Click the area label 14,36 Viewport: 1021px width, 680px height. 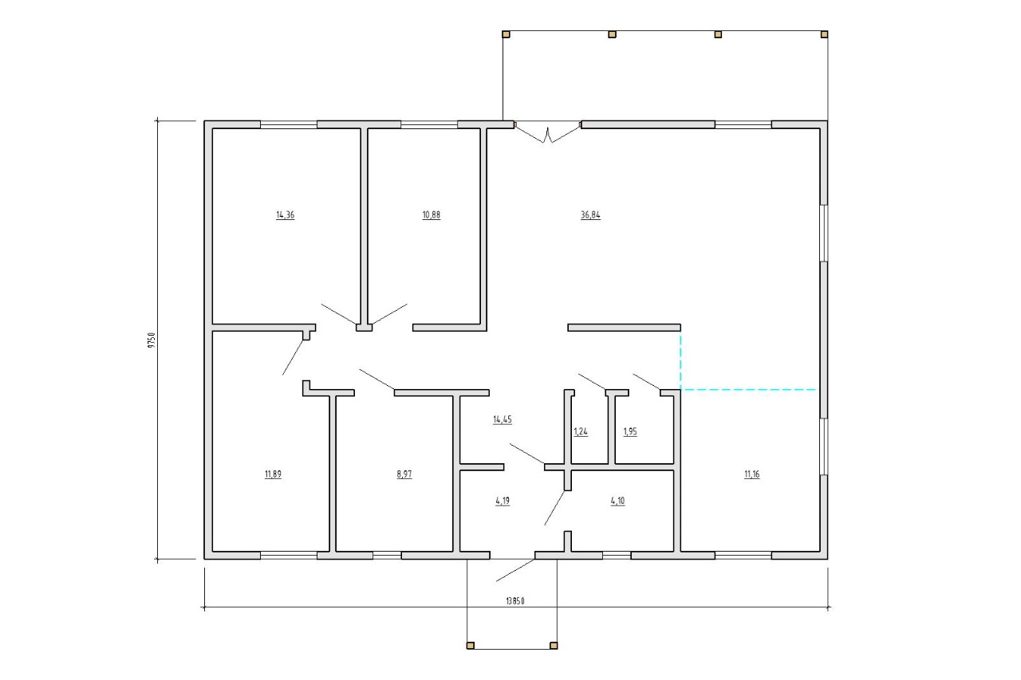[286, 215]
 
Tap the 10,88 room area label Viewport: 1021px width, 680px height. [432, 215]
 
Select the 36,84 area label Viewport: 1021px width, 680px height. [590, 215]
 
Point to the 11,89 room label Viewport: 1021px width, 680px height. [273, 474]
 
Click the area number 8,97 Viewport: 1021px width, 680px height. [404, 474]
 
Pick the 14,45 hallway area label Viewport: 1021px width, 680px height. [503, 419]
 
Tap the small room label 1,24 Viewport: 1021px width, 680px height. [581, 432]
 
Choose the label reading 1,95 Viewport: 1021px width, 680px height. [630, 432]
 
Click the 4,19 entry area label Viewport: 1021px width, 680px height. [503, 501]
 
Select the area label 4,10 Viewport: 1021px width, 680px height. [617, 501]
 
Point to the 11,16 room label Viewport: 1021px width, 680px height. [751, 474]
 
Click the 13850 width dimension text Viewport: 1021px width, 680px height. [515, 601]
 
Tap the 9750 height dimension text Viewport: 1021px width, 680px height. [152, 340]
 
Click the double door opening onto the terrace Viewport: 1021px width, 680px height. [547, 132]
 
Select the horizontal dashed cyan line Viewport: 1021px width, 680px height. [748, 390]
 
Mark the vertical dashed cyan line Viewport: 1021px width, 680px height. [680, 360]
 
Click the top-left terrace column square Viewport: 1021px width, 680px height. [506, 34]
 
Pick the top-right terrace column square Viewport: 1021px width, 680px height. [824, 34]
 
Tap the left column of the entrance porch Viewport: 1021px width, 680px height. [471, 646]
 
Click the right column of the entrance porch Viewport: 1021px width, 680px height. [554, 646]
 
